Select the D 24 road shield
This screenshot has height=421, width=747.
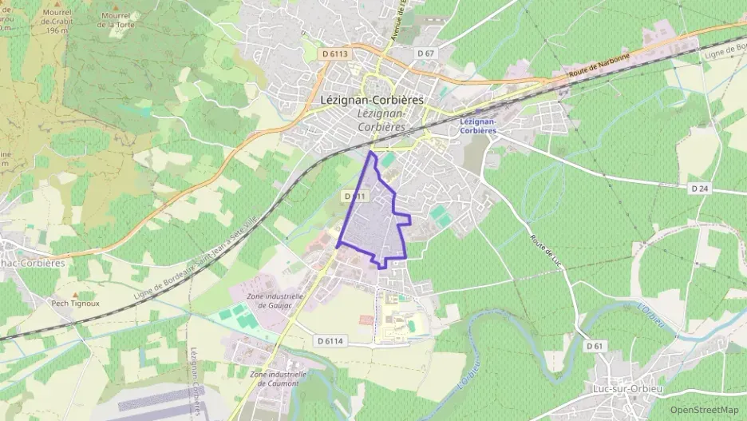coord(699,188)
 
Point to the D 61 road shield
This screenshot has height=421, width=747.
coord(594,346)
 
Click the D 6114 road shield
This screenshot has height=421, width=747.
coord(330,340)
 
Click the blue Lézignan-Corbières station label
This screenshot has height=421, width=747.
coord(479,125)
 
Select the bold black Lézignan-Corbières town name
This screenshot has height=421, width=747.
coord(371,101)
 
